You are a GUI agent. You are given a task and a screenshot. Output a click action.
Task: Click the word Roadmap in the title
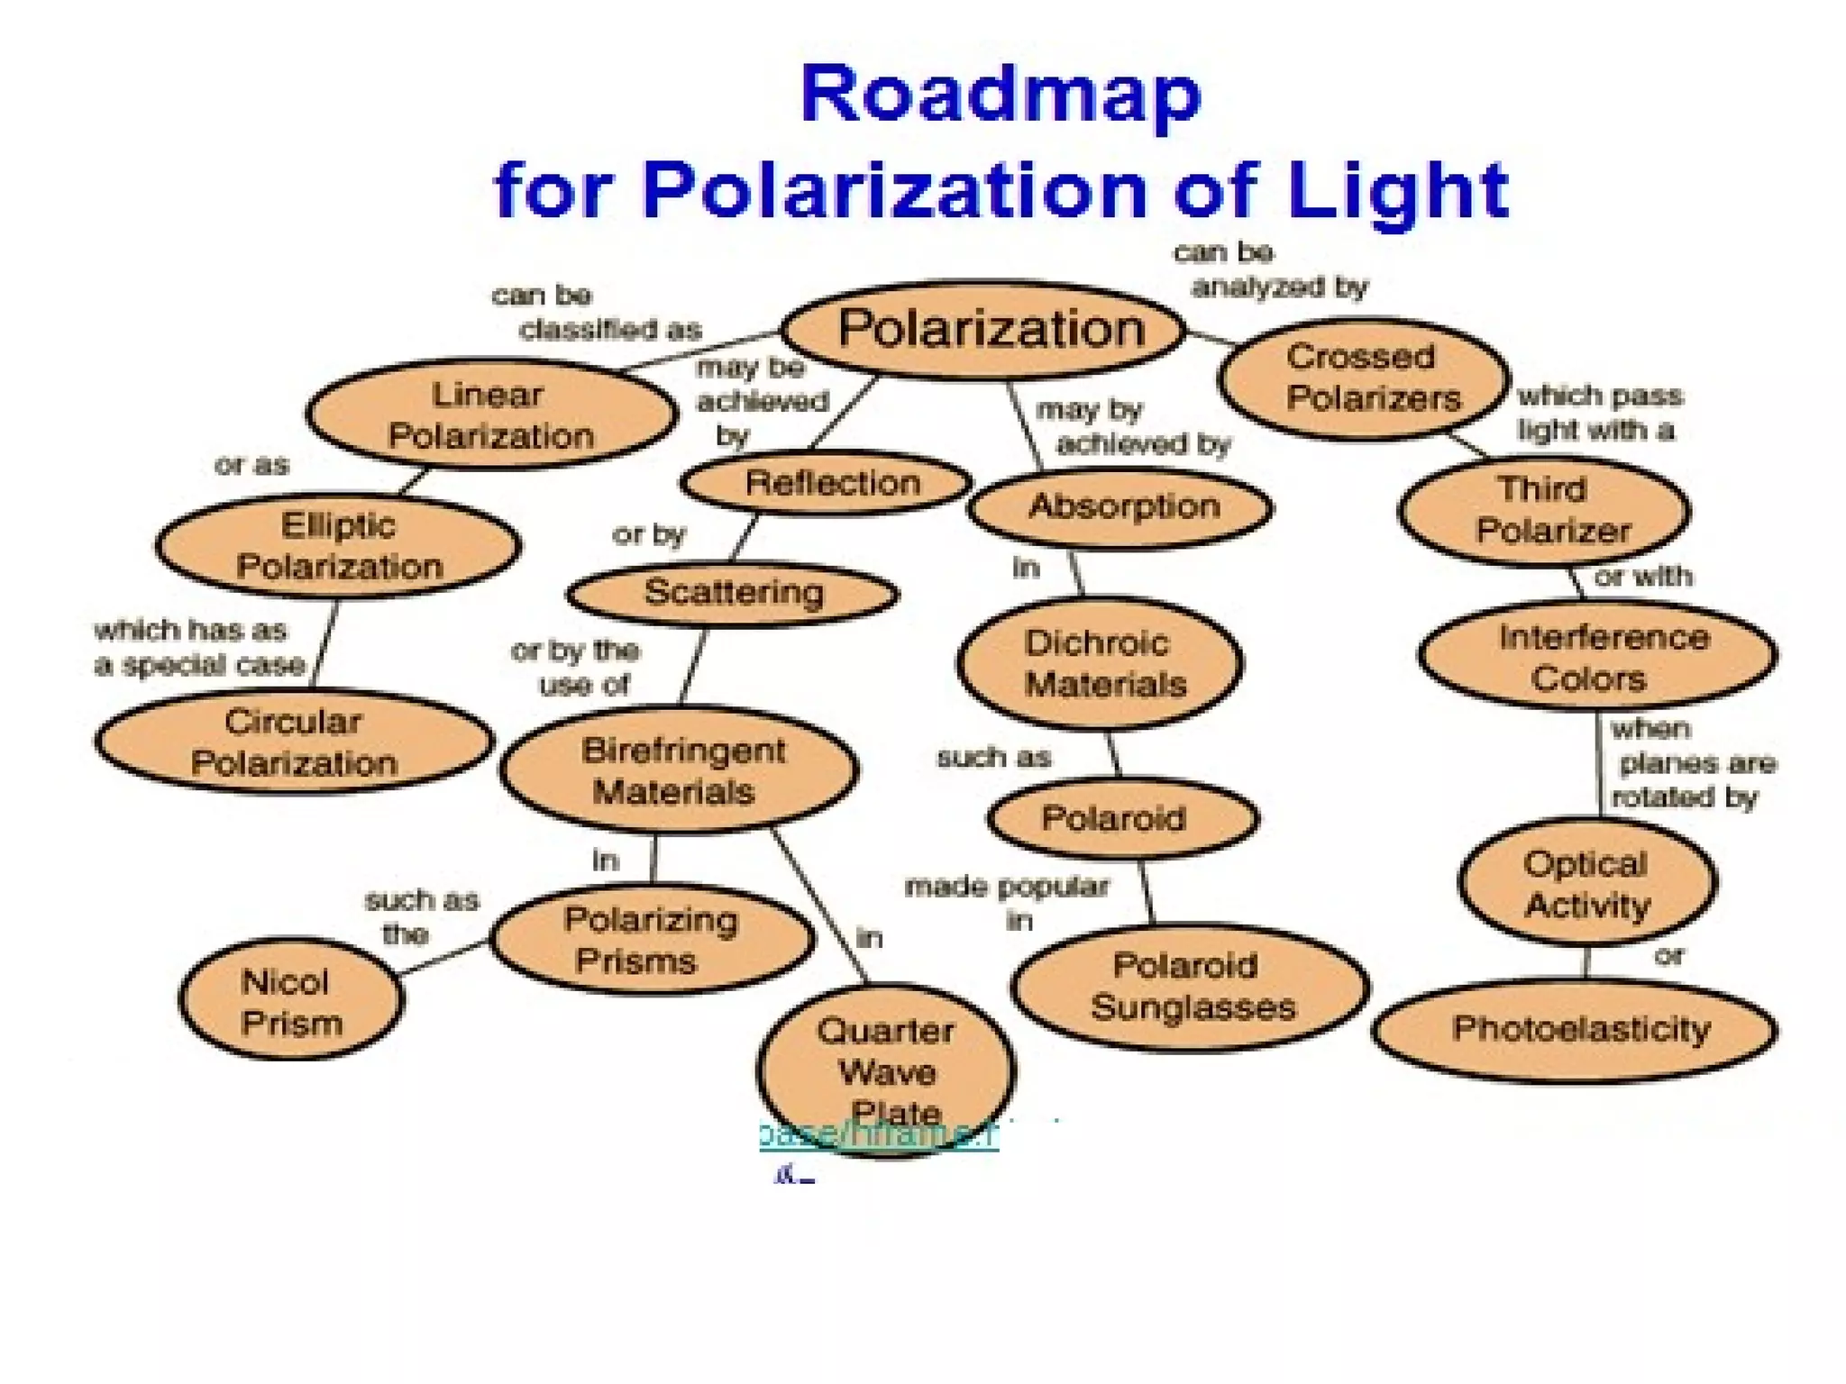[1001, 95]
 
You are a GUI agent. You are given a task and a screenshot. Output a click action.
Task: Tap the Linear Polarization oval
[491, 414]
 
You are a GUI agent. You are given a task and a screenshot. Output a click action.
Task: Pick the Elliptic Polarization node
[338, 546]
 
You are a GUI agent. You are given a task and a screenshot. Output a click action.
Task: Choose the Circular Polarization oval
[294, 742]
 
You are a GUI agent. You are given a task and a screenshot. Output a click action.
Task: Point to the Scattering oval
[733, 593]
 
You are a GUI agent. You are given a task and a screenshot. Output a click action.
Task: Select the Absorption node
[1121, 507]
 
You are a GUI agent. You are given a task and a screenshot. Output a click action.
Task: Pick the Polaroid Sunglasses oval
[1190, 987]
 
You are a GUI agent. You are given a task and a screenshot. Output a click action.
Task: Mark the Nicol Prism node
[291, 1000]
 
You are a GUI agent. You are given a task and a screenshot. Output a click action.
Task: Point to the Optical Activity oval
[1587, 884]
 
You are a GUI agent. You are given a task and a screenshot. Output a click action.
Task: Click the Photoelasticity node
[1576, 1030]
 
